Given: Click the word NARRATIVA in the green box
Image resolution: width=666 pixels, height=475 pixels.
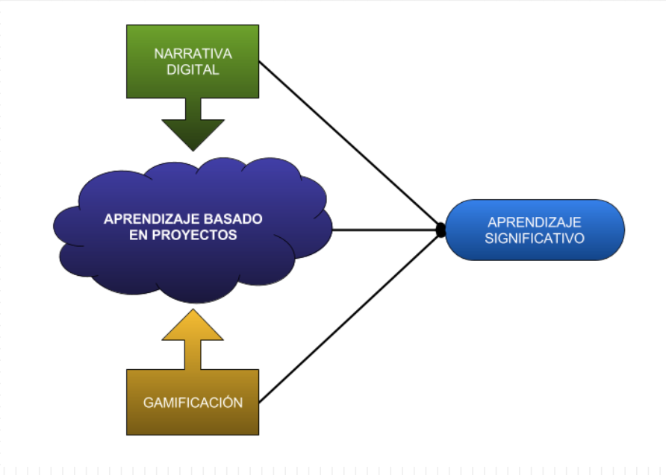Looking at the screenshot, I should [193, 54].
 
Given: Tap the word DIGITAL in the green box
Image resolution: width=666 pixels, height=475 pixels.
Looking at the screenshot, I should [193, 71].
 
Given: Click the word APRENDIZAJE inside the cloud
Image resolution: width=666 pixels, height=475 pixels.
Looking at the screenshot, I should [141, 219].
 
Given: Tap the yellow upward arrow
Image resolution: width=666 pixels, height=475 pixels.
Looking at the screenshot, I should [193, 336].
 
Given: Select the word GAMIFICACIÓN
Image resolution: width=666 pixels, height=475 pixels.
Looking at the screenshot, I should [193, 403].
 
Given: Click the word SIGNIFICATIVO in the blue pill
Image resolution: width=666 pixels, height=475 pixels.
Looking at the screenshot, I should [535, 239].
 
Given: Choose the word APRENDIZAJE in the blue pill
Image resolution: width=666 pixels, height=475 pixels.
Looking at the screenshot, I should [535, 222].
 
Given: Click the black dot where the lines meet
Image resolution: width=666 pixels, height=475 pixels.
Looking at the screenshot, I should [441, 230].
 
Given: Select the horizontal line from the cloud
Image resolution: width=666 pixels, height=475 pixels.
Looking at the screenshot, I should [385, 230].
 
